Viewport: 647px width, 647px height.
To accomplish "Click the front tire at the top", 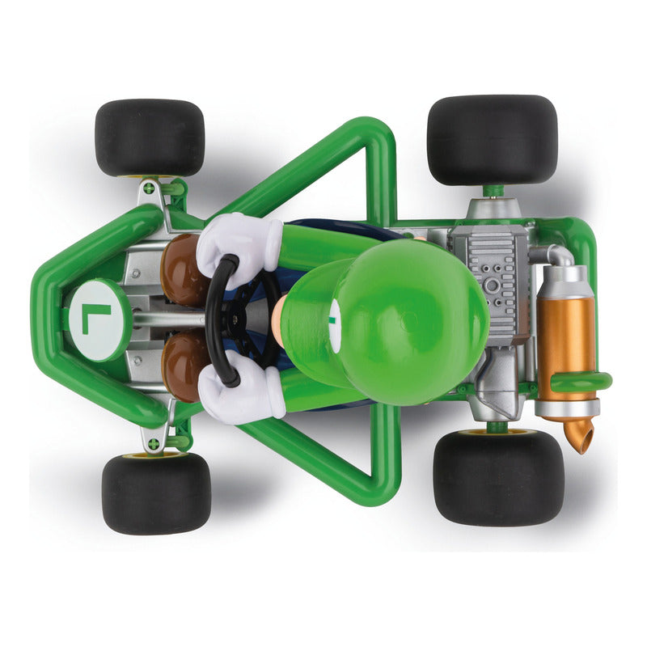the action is pyautogui.click(x=150, y=137).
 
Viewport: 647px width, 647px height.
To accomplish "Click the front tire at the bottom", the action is pyautogui.click(x=156, y=493).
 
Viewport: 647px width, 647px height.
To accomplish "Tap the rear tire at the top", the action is pyautogui.click(x=493, y=140).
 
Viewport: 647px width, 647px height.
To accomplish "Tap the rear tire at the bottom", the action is pyautogui.click(x=499, y=478).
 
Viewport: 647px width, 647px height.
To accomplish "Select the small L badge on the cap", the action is pyautogui.click(x=333, y=319).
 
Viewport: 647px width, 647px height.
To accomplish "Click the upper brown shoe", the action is pyautogui.click(x=181, y=270).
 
